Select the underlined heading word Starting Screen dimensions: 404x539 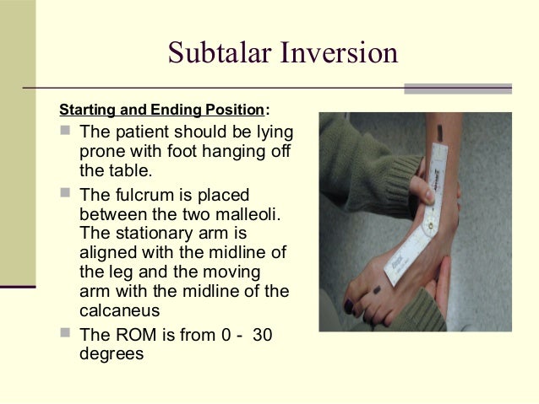pos(89,110)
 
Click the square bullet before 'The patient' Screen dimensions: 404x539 pos(66,132)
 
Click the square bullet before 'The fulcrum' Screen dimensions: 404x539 pos(66,194)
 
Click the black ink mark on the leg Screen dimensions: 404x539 pos(440,131)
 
